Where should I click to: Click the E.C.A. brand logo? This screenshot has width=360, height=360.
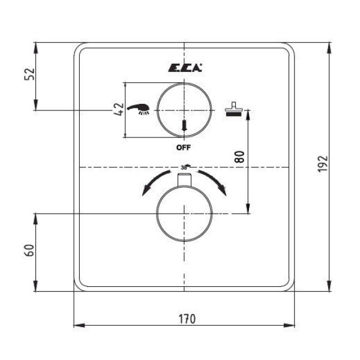[x=185, y=67]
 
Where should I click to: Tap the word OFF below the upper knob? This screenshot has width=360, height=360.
[x=184, y=148]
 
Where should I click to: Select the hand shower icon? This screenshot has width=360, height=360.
[x=138, y=109]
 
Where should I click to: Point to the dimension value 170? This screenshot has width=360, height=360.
[x=187, y=319]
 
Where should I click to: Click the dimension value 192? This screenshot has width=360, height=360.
[x=322, y=163]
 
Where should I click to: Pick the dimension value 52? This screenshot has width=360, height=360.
[x=29, y=74]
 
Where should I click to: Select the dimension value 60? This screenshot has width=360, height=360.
[x=29, y=250]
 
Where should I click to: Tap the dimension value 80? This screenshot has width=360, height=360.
[x=239, y=157]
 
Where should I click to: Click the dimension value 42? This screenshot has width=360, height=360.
[x=119, y=109]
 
